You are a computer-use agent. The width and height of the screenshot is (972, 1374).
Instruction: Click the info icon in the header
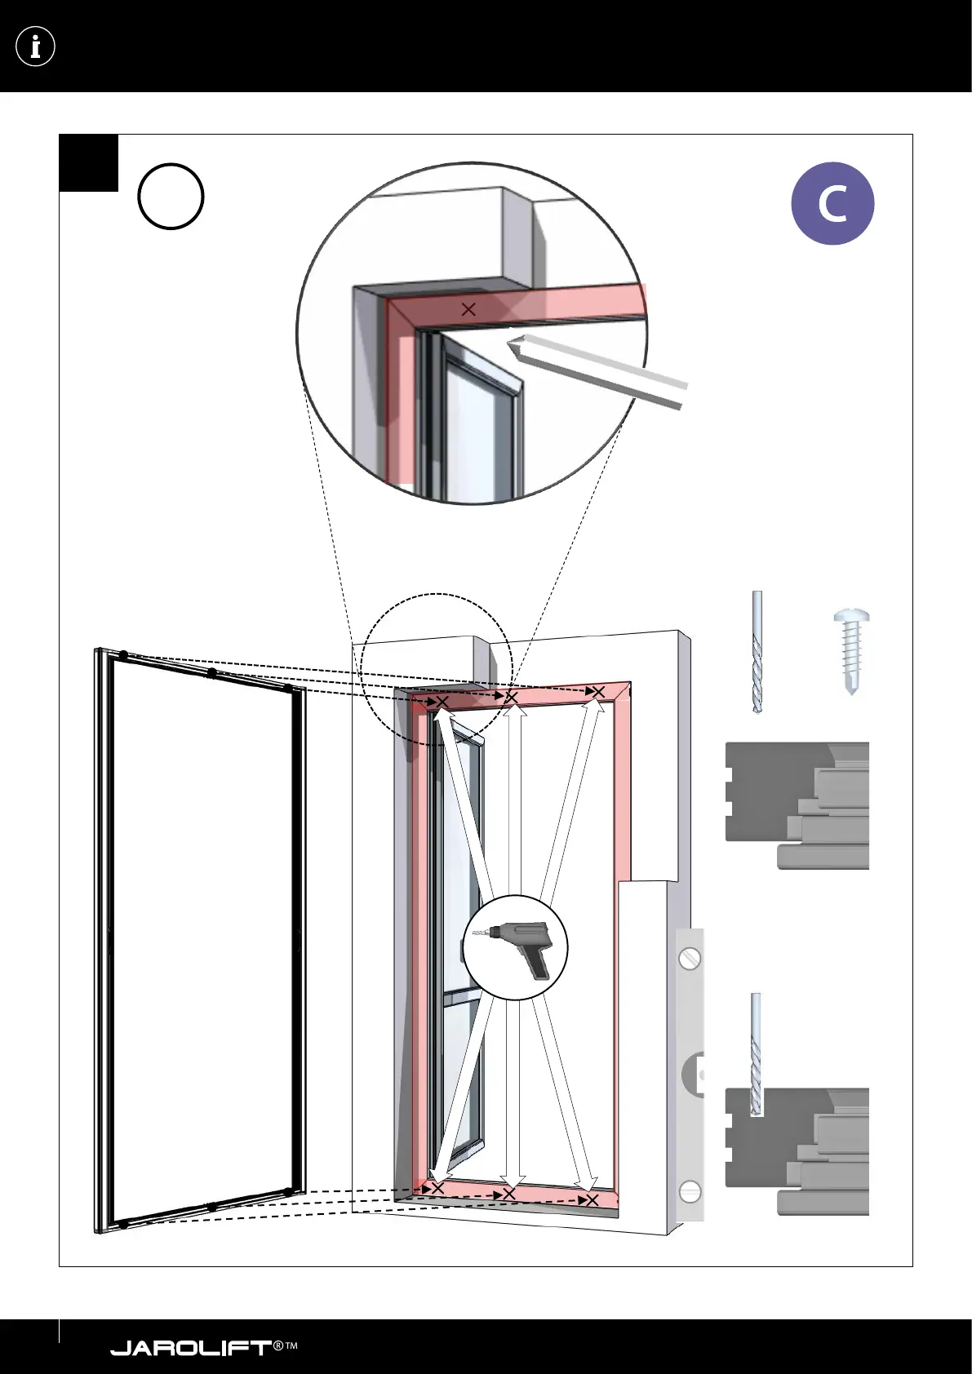(x=35, y=47)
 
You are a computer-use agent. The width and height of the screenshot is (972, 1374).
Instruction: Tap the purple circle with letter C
(x=832, y=204)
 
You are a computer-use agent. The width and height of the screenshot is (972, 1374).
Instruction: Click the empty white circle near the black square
(x=171, y=197)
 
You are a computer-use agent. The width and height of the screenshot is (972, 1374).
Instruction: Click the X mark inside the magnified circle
(x=468, y=310)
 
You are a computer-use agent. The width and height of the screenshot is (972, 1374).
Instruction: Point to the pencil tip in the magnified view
(x=513, y=344)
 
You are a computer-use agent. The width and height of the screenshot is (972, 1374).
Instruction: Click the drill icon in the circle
(x=516, y=948)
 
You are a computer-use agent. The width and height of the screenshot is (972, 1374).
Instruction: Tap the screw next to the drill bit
(x=850, y=650)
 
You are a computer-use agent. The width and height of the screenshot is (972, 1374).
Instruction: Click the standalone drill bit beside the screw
(x=757, y=653)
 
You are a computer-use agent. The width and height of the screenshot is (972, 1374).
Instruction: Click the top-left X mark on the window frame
(x=442, y=703)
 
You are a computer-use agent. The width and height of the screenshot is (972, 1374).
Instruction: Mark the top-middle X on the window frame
(x=512, y=698)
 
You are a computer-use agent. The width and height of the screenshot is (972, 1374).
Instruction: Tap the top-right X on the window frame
(x=598, y=693)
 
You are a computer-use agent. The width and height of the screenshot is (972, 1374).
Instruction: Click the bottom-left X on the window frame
(x=437, y=1188)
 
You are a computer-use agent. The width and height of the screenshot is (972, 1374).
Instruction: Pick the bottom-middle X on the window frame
(x=509, y=1194)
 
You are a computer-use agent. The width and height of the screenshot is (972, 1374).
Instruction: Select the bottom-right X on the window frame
(x=593, y=1200)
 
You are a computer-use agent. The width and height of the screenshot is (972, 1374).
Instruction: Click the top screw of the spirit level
(x=690, y=956)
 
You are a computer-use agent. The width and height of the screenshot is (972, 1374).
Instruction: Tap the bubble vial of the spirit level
(x=695, y=1075)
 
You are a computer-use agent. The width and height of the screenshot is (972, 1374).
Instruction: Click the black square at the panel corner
(x=89, y=163)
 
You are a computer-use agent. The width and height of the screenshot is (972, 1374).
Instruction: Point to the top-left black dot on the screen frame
(x=123, y=655)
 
